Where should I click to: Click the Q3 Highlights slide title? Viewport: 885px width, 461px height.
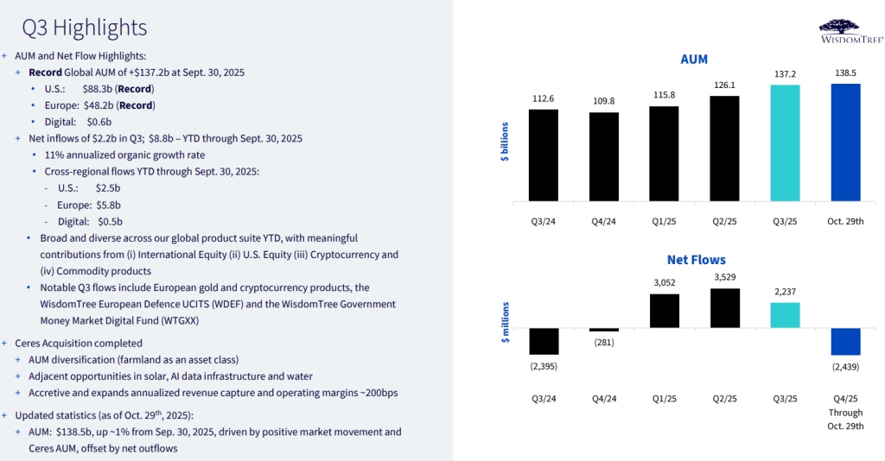click(x=84, y=28)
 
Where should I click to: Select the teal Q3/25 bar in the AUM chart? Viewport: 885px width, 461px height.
click(x=785, y=142)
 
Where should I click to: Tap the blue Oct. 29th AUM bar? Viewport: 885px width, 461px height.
click(x=845, y=141)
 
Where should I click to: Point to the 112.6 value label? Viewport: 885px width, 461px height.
click(x=543, y=98)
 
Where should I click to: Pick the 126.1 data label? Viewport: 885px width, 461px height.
click(x=724, y=85)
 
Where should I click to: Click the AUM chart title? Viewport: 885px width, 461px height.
click(x=694, y=60)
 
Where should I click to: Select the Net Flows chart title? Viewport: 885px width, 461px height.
click(x=696, y=259)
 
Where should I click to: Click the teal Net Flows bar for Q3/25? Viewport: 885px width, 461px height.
click(x=785, y=316)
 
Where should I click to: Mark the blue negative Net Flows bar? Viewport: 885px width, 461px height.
click(x=845, y=342)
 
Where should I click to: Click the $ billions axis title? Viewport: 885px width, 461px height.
click(x=506, y=142)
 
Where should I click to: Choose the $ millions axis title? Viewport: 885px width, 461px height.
click(x=506, y=322)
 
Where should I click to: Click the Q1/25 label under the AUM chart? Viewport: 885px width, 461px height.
click(x=664, y=220)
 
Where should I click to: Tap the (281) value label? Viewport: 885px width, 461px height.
click(x=603, y=342)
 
